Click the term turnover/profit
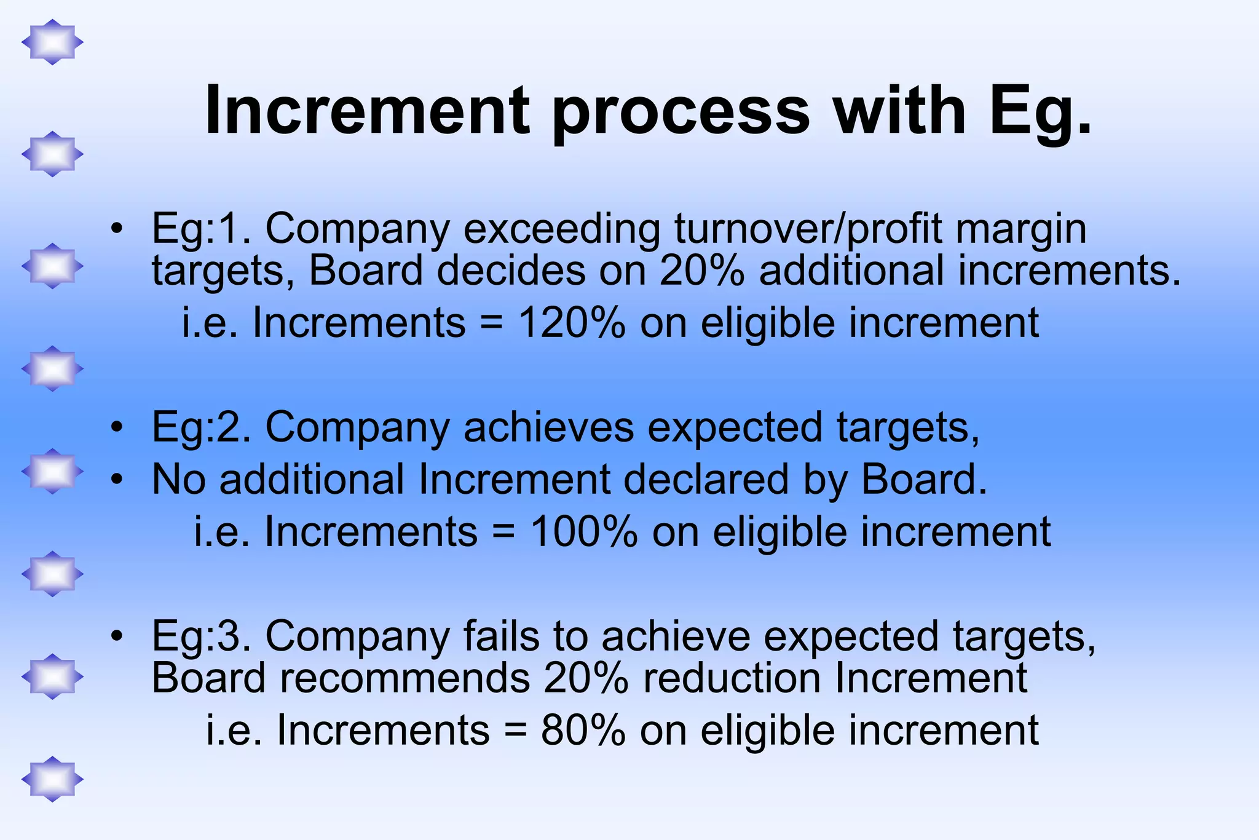pos(808,229)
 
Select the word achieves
pos(548,427)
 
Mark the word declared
pos(706,480)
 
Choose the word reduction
pos(732,678)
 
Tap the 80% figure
pos(583,731)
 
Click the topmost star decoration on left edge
pos(52,42)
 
